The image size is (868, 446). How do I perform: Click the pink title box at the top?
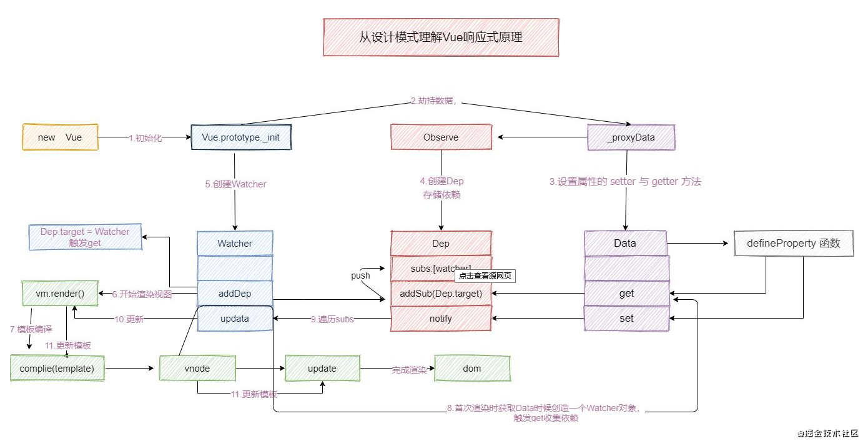pyautogui.click(x=441, y=37)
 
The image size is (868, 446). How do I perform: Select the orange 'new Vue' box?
pyautogui.click(x=60, y=137)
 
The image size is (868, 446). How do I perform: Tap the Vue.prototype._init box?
pyautogui.click(x=241, y=137)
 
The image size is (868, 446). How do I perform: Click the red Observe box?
pyautogui.click(x=440, y=137)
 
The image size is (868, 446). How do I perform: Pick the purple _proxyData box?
pyautogui.click(x=631, y=137)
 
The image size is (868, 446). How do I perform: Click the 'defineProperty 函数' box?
pyautogui.click(x=793, y=244)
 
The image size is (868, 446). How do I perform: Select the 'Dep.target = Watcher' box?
pyautogui.click(x=85, y=237)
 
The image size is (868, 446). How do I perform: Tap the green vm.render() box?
pyautogui.click(x=59, y=293)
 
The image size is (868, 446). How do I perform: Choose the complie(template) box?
pyautogui.click(x=57, y=369)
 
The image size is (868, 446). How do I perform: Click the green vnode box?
pyautogui.click(x=197, y=369)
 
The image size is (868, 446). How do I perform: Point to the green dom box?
pyautogui.click(x=472, y=369)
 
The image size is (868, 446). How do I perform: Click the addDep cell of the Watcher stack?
pyautogui.click(x=235, y=293)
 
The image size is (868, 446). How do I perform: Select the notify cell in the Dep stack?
pyautogui.click(x=441, y=318)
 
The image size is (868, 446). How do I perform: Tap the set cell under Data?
pyautogui.click(x=626, y=318)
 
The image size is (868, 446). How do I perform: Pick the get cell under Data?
pyautogui.click(x=626, y=293)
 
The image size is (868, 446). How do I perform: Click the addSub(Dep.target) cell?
pyautogui.click(x=441, y=293)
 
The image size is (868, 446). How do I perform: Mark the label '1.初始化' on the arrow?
pyautogui.click(x=145, y=138)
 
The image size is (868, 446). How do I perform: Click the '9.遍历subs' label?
pyautogui.click(x=332, y=319)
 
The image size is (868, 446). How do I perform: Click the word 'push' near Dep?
pyautogui.click(x=360, y=275)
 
